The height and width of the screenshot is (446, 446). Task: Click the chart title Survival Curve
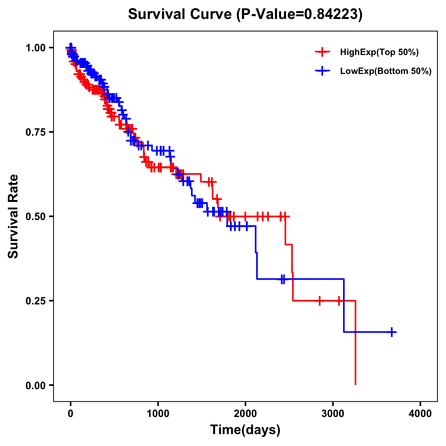click(181, 14)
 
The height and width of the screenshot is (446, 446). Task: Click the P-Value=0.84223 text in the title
click(300, 14)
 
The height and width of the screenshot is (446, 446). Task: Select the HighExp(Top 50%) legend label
click(379, 52)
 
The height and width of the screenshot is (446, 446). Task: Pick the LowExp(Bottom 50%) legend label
click(386, 71)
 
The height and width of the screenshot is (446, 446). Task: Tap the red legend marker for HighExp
click(323, 52)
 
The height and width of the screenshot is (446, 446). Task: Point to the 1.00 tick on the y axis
click(36, 48)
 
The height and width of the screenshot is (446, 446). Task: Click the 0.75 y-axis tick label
click(36, 132)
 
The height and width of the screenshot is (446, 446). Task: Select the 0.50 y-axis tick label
click(36, 216)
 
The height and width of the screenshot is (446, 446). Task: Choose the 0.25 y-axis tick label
click(36, 301)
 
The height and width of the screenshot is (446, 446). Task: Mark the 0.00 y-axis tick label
click(36, 385)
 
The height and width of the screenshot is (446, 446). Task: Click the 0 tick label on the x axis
click(71, 414)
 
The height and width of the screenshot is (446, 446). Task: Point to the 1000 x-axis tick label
click(158, 414)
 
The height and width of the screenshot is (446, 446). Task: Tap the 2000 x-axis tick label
click(245, 414)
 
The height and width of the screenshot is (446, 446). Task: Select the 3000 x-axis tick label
click(333, 414)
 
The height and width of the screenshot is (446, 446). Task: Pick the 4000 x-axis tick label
click(420, 414)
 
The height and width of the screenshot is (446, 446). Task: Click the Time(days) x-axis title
click(245, 430)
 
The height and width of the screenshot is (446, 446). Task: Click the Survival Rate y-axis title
click(13, 216)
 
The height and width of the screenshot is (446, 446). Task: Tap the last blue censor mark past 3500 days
click(392, 332)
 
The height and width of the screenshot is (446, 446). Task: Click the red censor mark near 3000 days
click(339, 301)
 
